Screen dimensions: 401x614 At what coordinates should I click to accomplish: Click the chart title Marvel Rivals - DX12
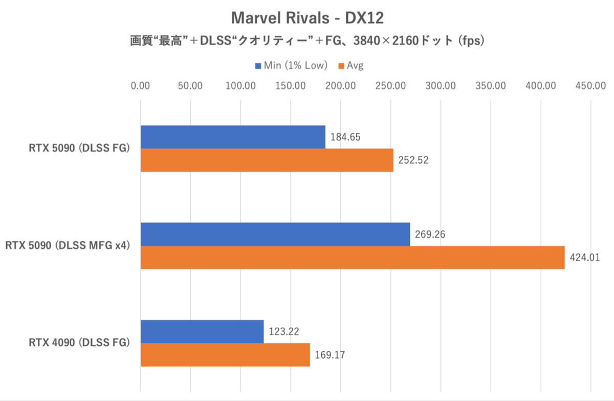coord(307,18)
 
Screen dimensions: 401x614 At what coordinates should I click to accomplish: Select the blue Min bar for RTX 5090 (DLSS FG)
coord(233,137)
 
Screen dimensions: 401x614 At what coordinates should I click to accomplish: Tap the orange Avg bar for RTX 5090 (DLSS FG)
coord(267,160)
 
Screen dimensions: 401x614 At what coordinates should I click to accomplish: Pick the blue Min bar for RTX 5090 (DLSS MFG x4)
coord(275,234)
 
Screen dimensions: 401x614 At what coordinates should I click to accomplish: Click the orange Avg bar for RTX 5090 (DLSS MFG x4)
coord(353,257)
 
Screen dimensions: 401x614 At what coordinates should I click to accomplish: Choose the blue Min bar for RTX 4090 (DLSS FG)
coord(202,331)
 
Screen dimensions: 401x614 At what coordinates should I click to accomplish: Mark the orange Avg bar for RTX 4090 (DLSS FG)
coord(225,354)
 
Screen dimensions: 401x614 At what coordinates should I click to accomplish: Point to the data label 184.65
coord(346,137)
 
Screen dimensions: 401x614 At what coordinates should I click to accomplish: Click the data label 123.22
coord(284,331)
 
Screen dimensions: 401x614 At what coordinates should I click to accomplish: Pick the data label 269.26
coord(430,234)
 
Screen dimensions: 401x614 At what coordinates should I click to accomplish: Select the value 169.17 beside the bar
coord(330,354)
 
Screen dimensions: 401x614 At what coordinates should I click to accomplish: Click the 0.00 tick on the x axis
coord(140,86)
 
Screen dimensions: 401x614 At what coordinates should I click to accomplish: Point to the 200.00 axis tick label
coord(340,86)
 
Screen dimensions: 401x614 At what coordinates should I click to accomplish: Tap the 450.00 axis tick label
coord(590,86)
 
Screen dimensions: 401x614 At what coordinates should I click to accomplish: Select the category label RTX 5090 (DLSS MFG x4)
coord(67,246)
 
